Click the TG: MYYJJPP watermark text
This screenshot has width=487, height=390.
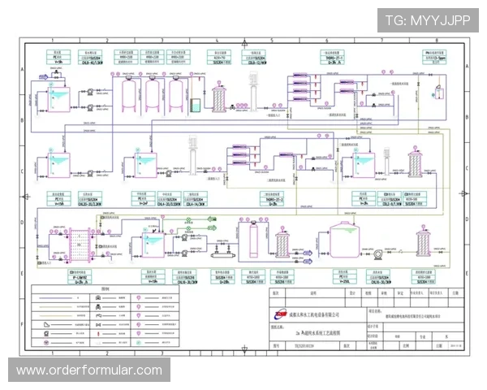click(428, 19)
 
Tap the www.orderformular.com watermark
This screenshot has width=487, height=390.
click(89, 370)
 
